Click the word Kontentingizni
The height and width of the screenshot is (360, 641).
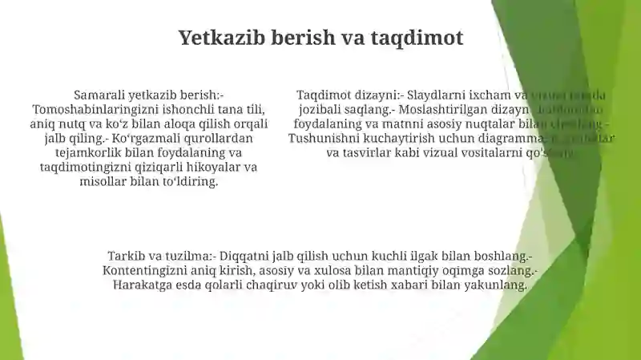tap(147, 271)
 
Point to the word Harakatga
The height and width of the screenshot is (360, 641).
tap(142, 285)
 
